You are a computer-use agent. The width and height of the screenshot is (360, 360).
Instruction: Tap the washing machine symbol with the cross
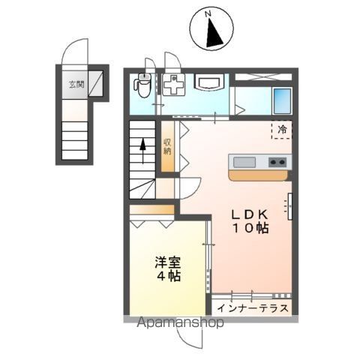[173, 85]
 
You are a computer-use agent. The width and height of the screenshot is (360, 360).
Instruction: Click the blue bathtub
[282, 100]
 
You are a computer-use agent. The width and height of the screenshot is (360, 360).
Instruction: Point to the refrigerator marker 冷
[283, 130]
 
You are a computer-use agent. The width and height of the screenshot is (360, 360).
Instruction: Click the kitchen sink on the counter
[245, 162]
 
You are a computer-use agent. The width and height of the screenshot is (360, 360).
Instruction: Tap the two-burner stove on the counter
[276, 162]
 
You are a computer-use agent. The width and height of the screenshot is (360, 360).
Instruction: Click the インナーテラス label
[253, 307]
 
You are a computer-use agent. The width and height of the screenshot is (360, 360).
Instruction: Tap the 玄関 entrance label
[76, 84]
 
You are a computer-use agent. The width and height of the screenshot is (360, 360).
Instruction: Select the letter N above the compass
[210, 13]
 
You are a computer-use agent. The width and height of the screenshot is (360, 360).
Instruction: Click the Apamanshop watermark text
[180, 323]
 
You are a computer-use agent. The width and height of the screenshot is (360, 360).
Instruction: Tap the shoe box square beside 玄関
[96, 83]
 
